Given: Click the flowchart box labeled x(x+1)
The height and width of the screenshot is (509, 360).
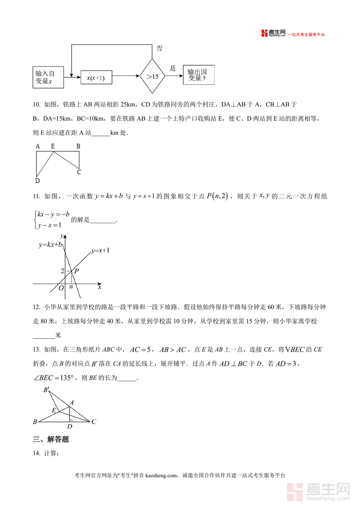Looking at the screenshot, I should coord(96,78).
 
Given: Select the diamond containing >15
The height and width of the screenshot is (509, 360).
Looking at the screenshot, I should coord(152,76).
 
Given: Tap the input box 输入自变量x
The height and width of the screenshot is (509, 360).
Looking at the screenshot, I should coord(48,77).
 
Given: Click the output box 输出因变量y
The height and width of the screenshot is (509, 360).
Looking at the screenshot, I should coord(198,75).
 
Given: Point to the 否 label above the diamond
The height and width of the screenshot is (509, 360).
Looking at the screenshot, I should coord(159,48).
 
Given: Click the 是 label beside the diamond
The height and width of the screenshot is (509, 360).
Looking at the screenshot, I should coord(173,68).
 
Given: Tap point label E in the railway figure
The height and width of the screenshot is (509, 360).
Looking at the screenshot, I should coord(53,146).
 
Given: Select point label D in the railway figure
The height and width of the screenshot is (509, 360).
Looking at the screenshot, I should coord(37,181).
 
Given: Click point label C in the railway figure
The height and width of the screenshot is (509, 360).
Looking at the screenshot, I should coord(79,172).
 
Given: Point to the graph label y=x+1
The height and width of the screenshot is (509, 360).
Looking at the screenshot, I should coord(100,250).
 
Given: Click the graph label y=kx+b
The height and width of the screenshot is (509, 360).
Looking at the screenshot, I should coord(50,244).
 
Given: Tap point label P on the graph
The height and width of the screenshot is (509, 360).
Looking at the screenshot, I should coord(76,271).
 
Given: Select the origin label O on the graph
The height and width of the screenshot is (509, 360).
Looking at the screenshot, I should coord(61,288).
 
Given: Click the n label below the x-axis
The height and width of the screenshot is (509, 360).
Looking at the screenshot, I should coord(71,287).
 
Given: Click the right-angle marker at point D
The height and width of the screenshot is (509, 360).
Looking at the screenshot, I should coord(70,420).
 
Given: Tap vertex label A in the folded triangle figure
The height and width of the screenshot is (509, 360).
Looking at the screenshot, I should coord(72,402).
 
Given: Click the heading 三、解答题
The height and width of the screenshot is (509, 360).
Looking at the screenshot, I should coord(51,439).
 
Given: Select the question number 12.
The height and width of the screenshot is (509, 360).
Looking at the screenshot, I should coord(36,307).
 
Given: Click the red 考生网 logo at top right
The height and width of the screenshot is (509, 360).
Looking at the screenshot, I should coord(274,34).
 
